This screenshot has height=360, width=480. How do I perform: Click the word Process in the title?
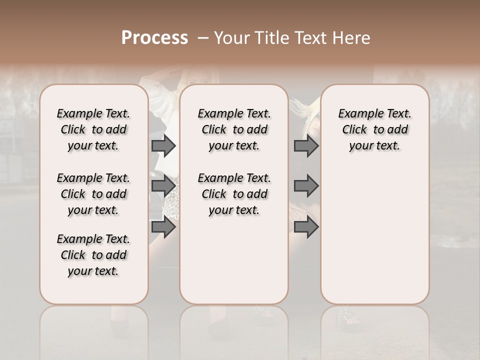click(154, 38)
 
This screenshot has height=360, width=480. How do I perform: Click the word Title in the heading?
click(268, 38)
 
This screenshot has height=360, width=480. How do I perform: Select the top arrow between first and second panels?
click(163, 145)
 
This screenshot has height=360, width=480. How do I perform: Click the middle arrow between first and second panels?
click(163, 186)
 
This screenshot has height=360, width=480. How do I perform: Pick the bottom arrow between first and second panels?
click(163, 227)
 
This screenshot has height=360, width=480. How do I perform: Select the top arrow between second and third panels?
click(306, 145)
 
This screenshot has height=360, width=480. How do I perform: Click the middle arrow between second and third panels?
click(306, 186)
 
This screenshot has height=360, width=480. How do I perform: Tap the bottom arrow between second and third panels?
click(306, 227)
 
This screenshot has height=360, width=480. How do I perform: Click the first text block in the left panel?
click(93, 129)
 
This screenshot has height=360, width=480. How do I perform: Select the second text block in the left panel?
click(93, 194)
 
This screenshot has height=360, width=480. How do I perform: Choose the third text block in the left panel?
click(93, 255)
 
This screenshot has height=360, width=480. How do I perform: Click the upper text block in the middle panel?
click(234, 129)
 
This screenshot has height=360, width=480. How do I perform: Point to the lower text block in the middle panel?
click(234, 194)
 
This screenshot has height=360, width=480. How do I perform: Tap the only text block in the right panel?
click(374, 129)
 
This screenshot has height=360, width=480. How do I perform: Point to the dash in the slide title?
click(203, 38)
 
